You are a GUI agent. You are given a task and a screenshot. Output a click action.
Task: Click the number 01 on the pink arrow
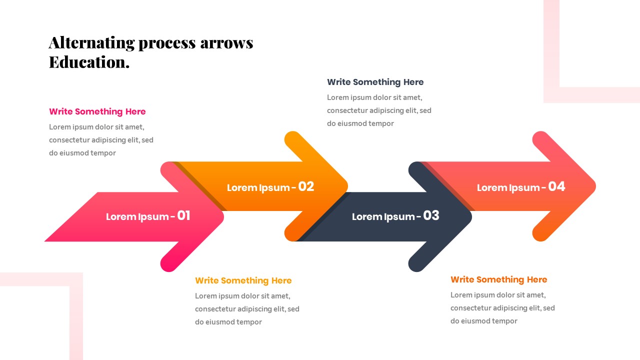pyautogui.click(x=183, y=215)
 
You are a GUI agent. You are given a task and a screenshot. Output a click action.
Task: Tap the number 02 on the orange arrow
pyautogui.click(x=306, y=186)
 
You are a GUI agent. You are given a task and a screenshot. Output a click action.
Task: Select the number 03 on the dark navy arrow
pyautogui.click(x=431, y=215)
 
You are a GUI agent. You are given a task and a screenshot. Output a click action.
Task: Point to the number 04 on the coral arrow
pyautogui.click(x=556, y=186)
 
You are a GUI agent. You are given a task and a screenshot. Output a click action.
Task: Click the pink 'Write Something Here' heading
pyautogui.click(x=97, y=111)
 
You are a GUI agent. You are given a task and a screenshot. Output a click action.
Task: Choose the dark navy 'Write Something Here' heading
pyautogui.click(x=375, y=82)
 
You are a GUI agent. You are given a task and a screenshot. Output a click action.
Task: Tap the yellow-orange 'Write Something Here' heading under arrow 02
pyautogui.click(x=243, y=280)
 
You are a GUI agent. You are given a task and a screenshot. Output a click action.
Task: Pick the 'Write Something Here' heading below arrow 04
pyautogui.click(x=498, y=279)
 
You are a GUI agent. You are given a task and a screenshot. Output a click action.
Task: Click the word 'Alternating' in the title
pyautogui.click(x=91, y=43)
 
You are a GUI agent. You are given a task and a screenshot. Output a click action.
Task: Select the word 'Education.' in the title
pyautogui.click(x=89, y=62)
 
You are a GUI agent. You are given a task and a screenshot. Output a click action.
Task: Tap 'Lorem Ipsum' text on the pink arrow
pyautogui.click(x=137, y=216)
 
